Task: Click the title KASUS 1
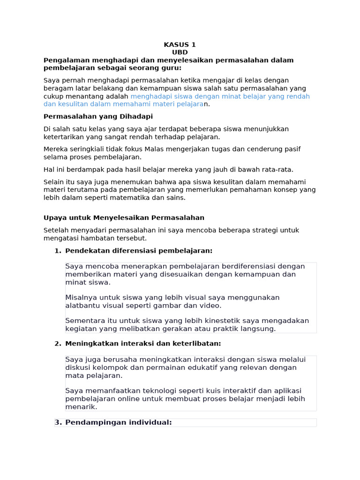[x=180, y=45]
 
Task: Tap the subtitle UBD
[x=180, y=52]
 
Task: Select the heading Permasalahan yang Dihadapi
[x=98, y=116]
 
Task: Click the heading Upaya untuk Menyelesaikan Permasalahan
[x=124, y=217]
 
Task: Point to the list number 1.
[x=57, y=251]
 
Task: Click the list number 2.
[x=57, y=344]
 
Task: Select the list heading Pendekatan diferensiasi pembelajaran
[x=139, y=251]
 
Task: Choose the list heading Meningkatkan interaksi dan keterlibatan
[x=143, y=344]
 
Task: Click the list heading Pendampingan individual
[x=119, y=422]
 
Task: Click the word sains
[x=175, y=197]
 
